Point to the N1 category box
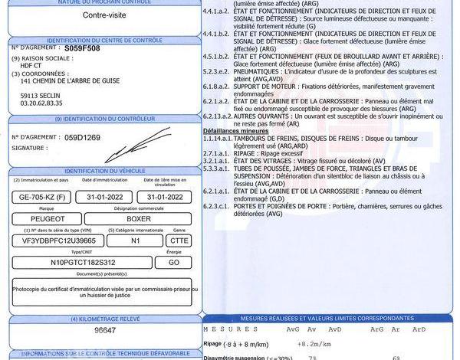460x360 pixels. (135, 240)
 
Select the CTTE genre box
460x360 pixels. (179, 240)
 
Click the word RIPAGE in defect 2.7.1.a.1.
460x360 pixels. (245, 152)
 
